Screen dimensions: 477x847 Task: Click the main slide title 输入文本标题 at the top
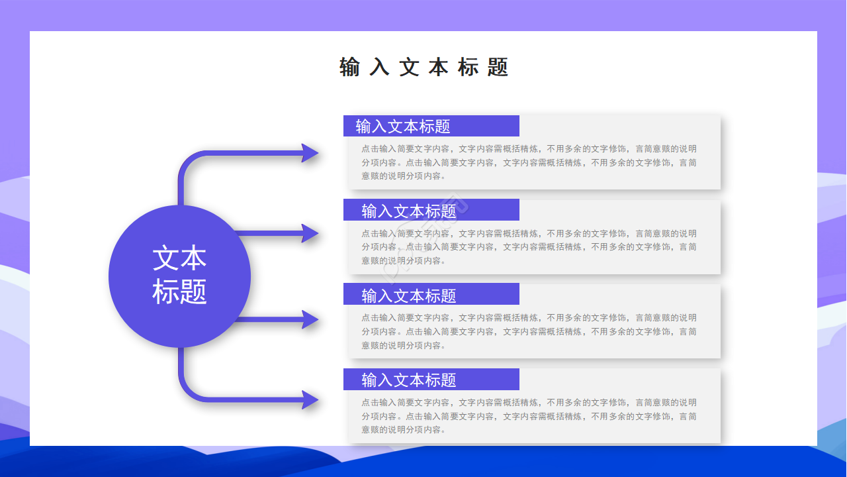(x=423, y=67)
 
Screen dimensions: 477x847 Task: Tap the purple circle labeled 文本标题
(x=179, y=276)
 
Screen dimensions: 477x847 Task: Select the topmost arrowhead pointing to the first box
(x=310, y=153)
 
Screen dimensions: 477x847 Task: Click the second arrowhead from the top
(x=310, y=233)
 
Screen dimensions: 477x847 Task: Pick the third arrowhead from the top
(x=310, y=319)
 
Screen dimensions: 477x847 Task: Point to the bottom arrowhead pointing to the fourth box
(x=310, y=399)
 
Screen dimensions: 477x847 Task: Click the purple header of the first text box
(x=431, y=126)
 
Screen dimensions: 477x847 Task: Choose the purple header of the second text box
(x=431, y=210)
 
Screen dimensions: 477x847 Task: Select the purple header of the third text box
(x=431, y=294)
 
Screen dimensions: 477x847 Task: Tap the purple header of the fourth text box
(x=431, y=379)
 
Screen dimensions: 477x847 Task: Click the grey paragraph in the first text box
(x=529, y=162)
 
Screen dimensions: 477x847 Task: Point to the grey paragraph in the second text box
(x=529, y=247)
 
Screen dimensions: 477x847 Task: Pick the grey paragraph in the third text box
(x=529, y=331)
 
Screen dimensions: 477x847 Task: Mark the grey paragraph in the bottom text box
(x=529, y=416)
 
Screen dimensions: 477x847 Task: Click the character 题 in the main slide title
(x=498, y=67)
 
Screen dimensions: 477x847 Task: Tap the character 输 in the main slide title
(x=349, y=67)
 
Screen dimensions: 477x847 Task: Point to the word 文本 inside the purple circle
(x=179, y=258)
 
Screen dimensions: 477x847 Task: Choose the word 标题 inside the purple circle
(x=179, y=291)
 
